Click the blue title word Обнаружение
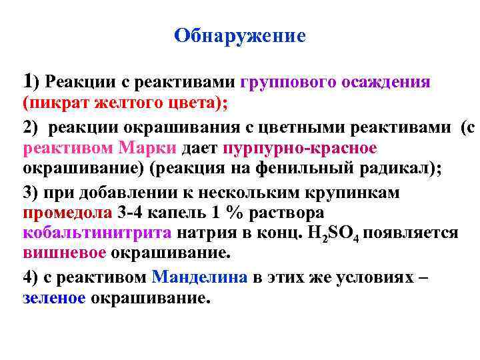point(240,35)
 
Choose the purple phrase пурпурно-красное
point(301,147)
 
